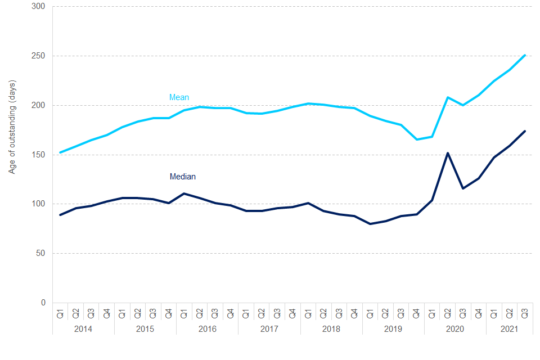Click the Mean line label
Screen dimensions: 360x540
tap(179, 98)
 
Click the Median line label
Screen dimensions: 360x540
tap(182, 177)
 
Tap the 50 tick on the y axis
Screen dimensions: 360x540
tap(41, 254)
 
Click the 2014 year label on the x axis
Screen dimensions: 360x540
tap(83, 327)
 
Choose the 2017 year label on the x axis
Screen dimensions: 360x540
tap(269, 327)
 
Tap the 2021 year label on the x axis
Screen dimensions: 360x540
tap(509, 327)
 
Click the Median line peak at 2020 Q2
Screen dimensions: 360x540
tap(448, 153)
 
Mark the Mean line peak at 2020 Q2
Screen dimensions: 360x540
tap(448, 97)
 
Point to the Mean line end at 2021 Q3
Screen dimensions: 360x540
tap(525, 55)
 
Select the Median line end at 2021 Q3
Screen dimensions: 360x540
tap(525, 131)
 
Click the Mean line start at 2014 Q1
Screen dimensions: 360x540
tap(60, 152)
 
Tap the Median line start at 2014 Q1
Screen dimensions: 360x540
tap(60, 215)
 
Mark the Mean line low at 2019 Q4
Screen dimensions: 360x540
tap(417, 139)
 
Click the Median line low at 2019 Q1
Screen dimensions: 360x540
tap(370, 224)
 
